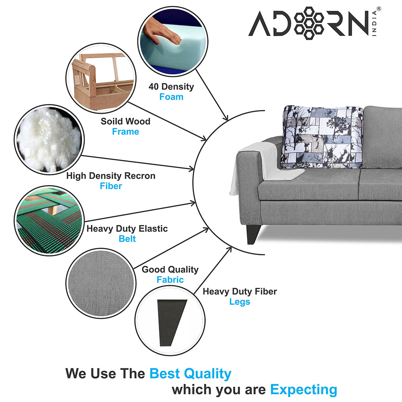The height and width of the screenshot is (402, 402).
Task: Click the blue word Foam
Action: [x=171, y=97]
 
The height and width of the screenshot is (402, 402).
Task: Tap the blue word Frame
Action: [x=125, y=131]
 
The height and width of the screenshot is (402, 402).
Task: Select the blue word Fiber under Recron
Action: [x=111, y=186]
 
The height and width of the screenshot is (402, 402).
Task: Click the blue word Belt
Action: [x=127, y=239]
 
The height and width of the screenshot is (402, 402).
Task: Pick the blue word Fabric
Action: [x=170, y=280]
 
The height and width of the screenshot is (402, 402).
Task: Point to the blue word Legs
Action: [x=240, y=301]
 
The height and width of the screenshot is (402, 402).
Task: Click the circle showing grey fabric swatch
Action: [x=100, y=280]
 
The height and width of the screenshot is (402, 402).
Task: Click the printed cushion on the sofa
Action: [x=322, y=137]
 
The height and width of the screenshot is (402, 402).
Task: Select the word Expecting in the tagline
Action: [x=304, y=390]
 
